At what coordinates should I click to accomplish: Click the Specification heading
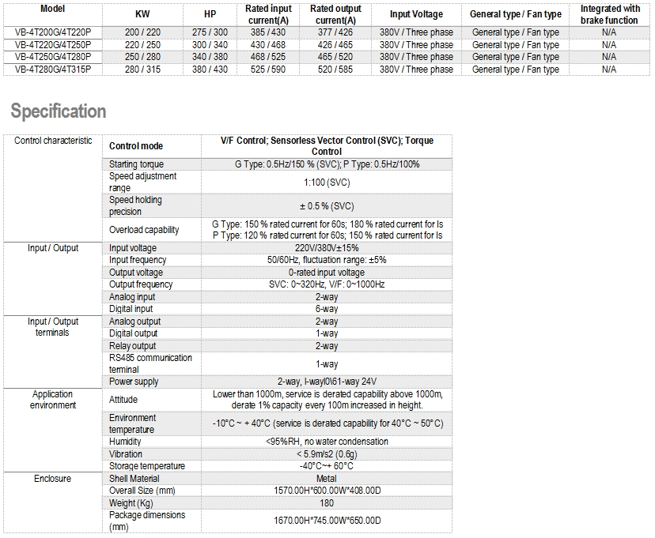tap(59, 111)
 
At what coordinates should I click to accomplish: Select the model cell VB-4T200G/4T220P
tap(52, 32)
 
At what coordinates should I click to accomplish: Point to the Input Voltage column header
tap(416, 14)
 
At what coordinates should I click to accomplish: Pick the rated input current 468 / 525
tap(268, 58)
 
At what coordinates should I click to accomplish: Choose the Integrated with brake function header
tap(609, 14)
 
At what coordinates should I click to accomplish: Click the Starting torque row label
tap(137, 164)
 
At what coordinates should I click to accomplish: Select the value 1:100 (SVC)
tap(327, 182)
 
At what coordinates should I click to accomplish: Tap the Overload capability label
tap(144, 230)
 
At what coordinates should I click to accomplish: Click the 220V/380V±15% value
tap(327, 248)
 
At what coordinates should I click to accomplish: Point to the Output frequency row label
tap(141, 284)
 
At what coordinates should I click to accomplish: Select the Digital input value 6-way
tap(327, 309)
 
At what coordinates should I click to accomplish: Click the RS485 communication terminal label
tap(150, 363)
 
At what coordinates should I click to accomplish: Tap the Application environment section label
tap(53, 400)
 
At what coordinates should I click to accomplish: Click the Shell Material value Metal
tap(327, 479)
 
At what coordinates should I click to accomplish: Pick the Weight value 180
tap(327, 503)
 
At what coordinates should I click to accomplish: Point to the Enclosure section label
tap(52, 479)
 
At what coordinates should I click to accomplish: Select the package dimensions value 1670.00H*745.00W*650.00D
tap(327, 521)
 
